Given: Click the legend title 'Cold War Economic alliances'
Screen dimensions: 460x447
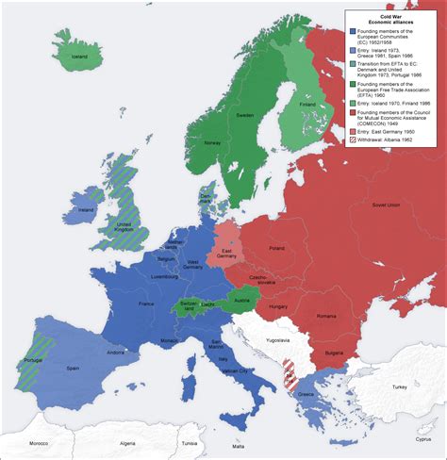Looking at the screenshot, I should coord(391,19).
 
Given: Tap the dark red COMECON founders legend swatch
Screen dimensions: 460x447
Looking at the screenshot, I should coord(351,112).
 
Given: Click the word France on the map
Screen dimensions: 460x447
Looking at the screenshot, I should coord(146,304).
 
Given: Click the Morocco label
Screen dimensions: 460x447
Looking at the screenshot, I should coord(37,443).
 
